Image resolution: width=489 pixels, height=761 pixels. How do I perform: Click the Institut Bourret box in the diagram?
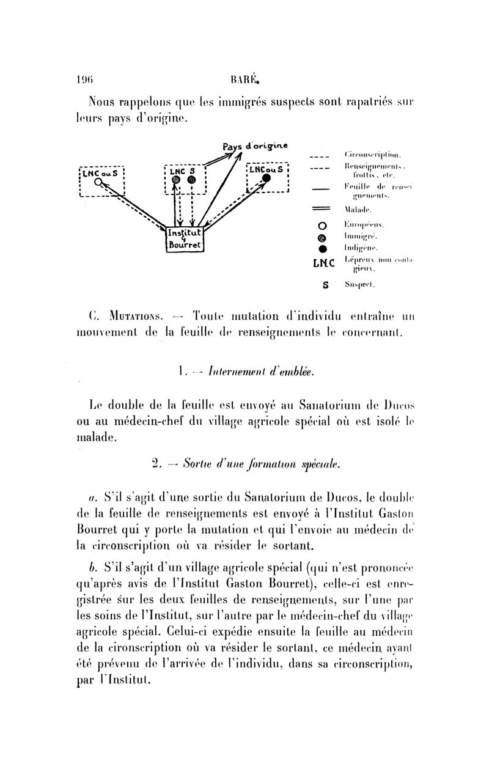[x=186, y=238]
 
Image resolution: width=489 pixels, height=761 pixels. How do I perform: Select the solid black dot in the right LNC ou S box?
[x=267, y=178]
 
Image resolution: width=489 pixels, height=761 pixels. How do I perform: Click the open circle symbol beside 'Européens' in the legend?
[x=325, y=225]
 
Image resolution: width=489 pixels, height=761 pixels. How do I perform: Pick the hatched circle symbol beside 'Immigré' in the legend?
[x=325, y=237]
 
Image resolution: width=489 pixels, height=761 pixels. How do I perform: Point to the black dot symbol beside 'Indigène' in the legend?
[x=325, y=248]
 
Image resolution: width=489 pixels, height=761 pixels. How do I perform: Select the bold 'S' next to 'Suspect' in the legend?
[x=325, y=285]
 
